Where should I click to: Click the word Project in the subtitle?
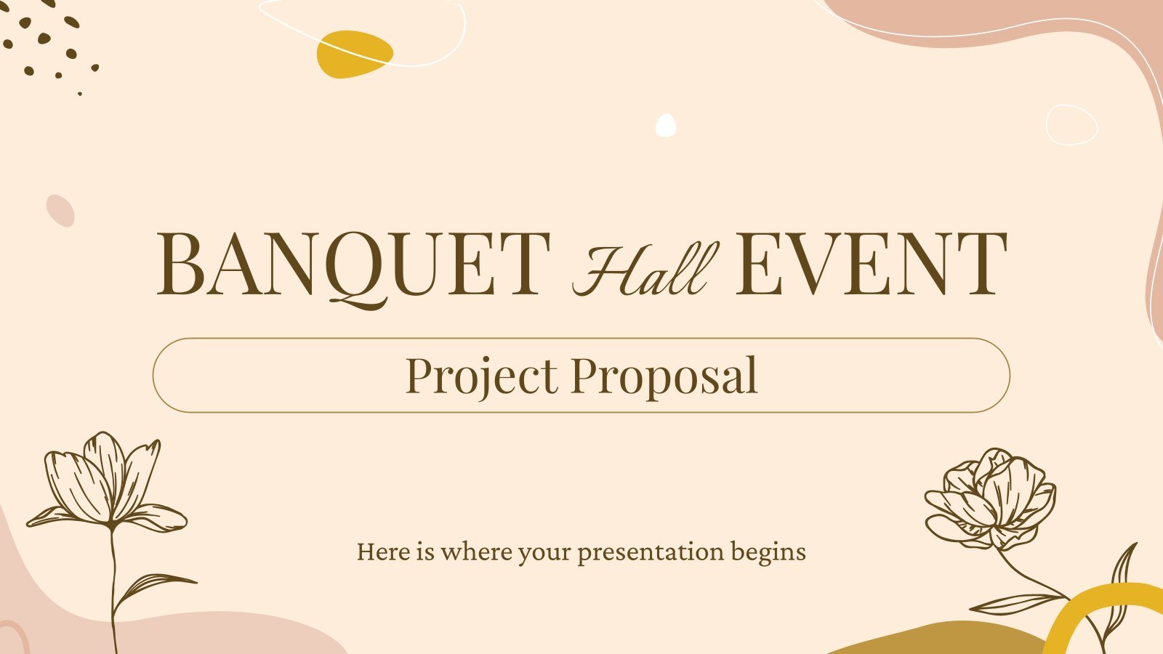click(481, 376)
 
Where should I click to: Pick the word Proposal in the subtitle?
click(664, 376)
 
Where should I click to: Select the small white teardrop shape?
click(666, 126)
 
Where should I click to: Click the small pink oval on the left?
click(60, 211)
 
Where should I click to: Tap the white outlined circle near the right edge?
click(1071, 125)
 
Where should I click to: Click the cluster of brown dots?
click(51, 47)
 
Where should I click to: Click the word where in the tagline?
click(475, 552)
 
